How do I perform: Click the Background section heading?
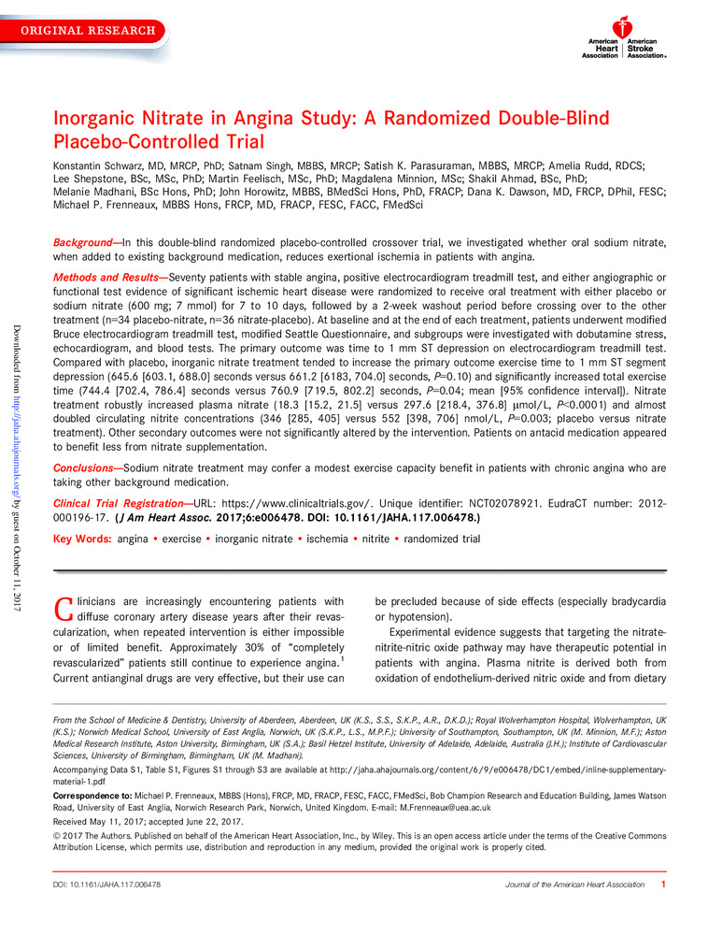tap(86, 241)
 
